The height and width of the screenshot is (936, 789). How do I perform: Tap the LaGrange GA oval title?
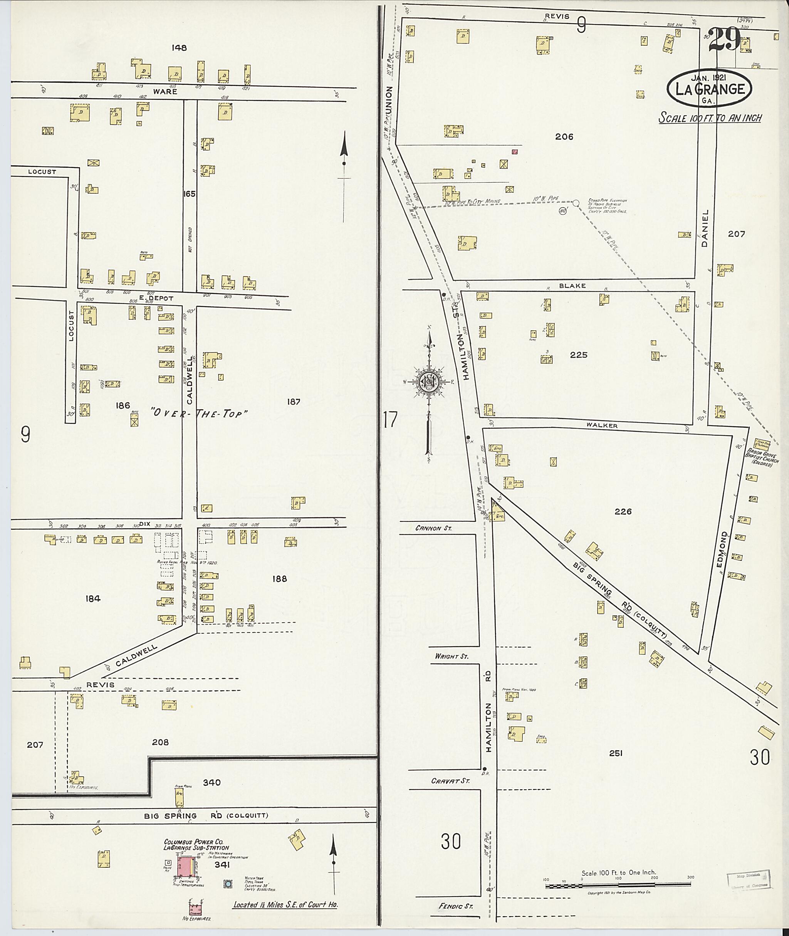point(709,89)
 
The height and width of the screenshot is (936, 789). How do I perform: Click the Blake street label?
point(572,286)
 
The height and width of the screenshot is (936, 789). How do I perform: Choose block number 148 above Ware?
point(178,47)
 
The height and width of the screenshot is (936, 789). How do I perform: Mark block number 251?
point(616,753)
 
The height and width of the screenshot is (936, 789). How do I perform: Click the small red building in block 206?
point(515,152)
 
